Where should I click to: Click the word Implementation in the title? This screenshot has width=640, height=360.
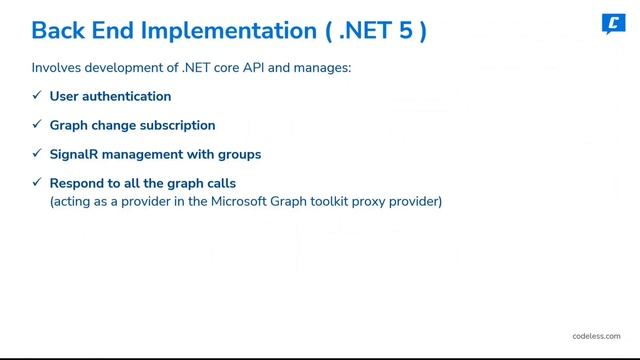click(219, 30)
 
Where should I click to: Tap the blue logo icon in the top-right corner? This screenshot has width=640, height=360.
click(613, 23)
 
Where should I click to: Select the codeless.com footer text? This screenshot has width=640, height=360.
click(596, 337)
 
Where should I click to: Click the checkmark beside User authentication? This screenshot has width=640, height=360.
click(37, 96)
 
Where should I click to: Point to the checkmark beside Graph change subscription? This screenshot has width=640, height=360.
click(37, 125)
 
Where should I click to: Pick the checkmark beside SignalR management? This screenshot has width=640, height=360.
click(37, 154)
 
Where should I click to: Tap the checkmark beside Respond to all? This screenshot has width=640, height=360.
click(37, 183)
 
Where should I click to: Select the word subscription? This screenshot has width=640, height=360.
click(176, 126)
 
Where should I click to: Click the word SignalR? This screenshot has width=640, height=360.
click(74, 155)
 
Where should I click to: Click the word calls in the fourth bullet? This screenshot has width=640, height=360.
click(218, 184)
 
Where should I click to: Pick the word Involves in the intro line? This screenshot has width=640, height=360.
click(56, 68)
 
